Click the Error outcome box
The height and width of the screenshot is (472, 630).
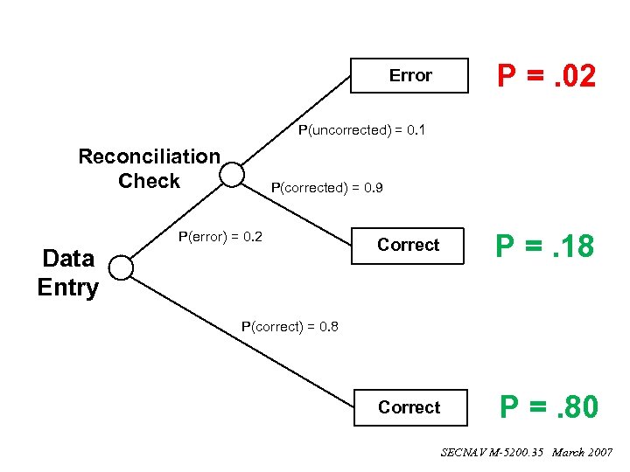tap(409, 75)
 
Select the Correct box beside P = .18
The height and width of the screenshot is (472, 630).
tap(408, 245)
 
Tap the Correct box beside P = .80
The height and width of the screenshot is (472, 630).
tap(409, 407)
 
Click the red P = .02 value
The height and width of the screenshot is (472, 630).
tap(547, 76)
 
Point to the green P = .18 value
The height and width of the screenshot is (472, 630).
tap(544, 246)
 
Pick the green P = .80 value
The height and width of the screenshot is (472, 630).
tap(549, 407)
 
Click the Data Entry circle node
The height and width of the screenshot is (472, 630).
tap(121, 268)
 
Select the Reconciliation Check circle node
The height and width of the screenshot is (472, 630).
tap(232, 175)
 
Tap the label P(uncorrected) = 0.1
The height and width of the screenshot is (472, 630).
tap(361, 130)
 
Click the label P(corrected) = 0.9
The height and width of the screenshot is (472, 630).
tap(327, 187)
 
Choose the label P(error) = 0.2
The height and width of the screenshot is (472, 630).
tap(220, 236)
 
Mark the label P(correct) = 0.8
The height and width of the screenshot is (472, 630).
tap(290, 327)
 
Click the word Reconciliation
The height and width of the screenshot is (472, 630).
tap(149, 156)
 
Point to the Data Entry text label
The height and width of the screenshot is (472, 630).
tap(68, 273)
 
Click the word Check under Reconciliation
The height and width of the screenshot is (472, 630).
tap(149, 181)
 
